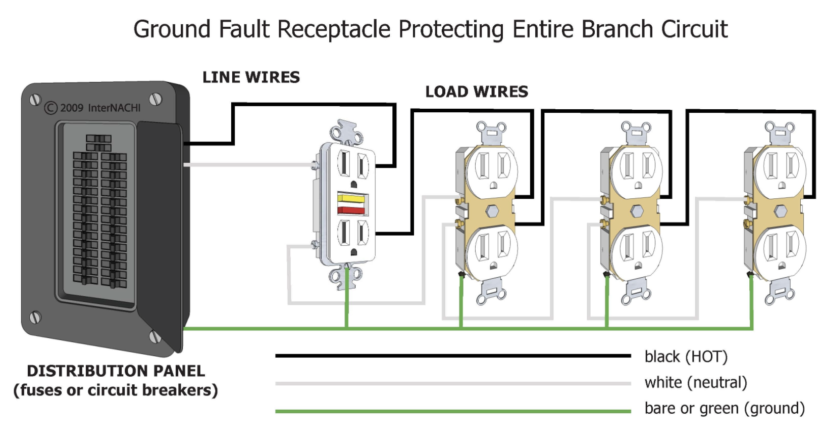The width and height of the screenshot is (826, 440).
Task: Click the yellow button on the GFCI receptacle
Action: (x=351, y=199)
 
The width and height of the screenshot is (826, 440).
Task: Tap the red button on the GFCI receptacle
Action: (x=351, y=210)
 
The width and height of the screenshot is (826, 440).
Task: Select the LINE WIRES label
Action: (x=251, y=77)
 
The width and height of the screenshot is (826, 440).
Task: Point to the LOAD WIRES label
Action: (x=477, y=92)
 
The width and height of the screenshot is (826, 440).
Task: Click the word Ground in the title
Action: (x=172, y=29)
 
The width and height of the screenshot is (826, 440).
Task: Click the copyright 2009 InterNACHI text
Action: (x=92, y=108)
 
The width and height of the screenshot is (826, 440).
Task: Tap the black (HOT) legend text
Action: (x=686, y=357)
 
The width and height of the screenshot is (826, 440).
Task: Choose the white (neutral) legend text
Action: (x=696, y=383)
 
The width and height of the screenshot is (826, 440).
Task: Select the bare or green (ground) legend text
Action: (x=725, y=409)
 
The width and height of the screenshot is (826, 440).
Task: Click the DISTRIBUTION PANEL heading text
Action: (x=116, y=371)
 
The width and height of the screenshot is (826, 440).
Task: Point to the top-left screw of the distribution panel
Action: (x=35, y=99)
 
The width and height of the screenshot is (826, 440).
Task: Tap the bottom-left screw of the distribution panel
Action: (x=35, y=317)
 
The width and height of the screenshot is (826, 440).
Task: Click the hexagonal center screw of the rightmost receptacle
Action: (x=780, y=211)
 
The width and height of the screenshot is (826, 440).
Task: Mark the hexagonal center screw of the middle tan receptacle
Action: (x=637, y=211)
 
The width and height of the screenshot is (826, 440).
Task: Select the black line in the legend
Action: (x=453, y=356)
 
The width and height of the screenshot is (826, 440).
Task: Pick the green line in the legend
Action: (x=453, y=411)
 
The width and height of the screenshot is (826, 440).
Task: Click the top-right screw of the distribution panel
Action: (x=155, y=99)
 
